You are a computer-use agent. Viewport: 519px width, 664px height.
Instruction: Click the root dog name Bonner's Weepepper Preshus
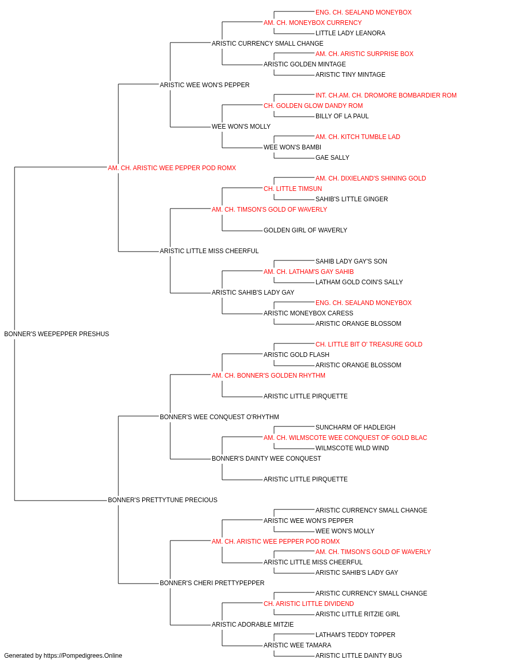[57, 334]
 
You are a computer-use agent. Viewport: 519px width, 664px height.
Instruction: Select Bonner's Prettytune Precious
[162, 500]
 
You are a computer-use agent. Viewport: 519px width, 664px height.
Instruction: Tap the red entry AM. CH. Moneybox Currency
[312, 23]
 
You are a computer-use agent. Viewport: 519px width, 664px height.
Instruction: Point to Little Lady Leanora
[350, 33]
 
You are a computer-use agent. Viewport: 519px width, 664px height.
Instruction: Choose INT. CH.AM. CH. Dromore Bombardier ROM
[386, 95]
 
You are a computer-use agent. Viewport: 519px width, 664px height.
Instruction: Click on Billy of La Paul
[342, 116]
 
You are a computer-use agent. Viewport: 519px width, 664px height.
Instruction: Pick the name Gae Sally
[332, 158]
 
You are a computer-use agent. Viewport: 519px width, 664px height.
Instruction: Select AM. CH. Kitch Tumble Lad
[358, 137]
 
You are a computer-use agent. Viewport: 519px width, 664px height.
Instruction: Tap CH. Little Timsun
[293, 189]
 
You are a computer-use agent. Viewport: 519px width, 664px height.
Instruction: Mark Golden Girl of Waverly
[305, 230]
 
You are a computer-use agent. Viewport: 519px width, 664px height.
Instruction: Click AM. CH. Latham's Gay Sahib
[308, 272]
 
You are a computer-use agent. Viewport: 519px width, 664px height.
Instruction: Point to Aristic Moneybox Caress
[308, 313]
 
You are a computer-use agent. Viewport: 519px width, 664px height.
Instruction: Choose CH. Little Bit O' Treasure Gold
[369, 344]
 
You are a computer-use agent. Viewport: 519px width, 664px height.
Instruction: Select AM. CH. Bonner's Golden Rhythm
[268, 376]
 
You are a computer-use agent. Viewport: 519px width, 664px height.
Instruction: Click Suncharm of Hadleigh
[356, 427]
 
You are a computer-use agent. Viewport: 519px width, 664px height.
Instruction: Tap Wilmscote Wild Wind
[352, 448]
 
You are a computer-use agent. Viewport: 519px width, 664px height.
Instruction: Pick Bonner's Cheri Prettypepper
[212, 583]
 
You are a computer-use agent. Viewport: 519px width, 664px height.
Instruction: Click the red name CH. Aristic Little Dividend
[309, 604]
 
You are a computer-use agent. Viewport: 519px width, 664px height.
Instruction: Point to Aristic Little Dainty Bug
[359, 656]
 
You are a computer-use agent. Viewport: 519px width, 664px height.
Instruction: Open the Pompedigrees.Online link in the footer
[83, 656]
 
